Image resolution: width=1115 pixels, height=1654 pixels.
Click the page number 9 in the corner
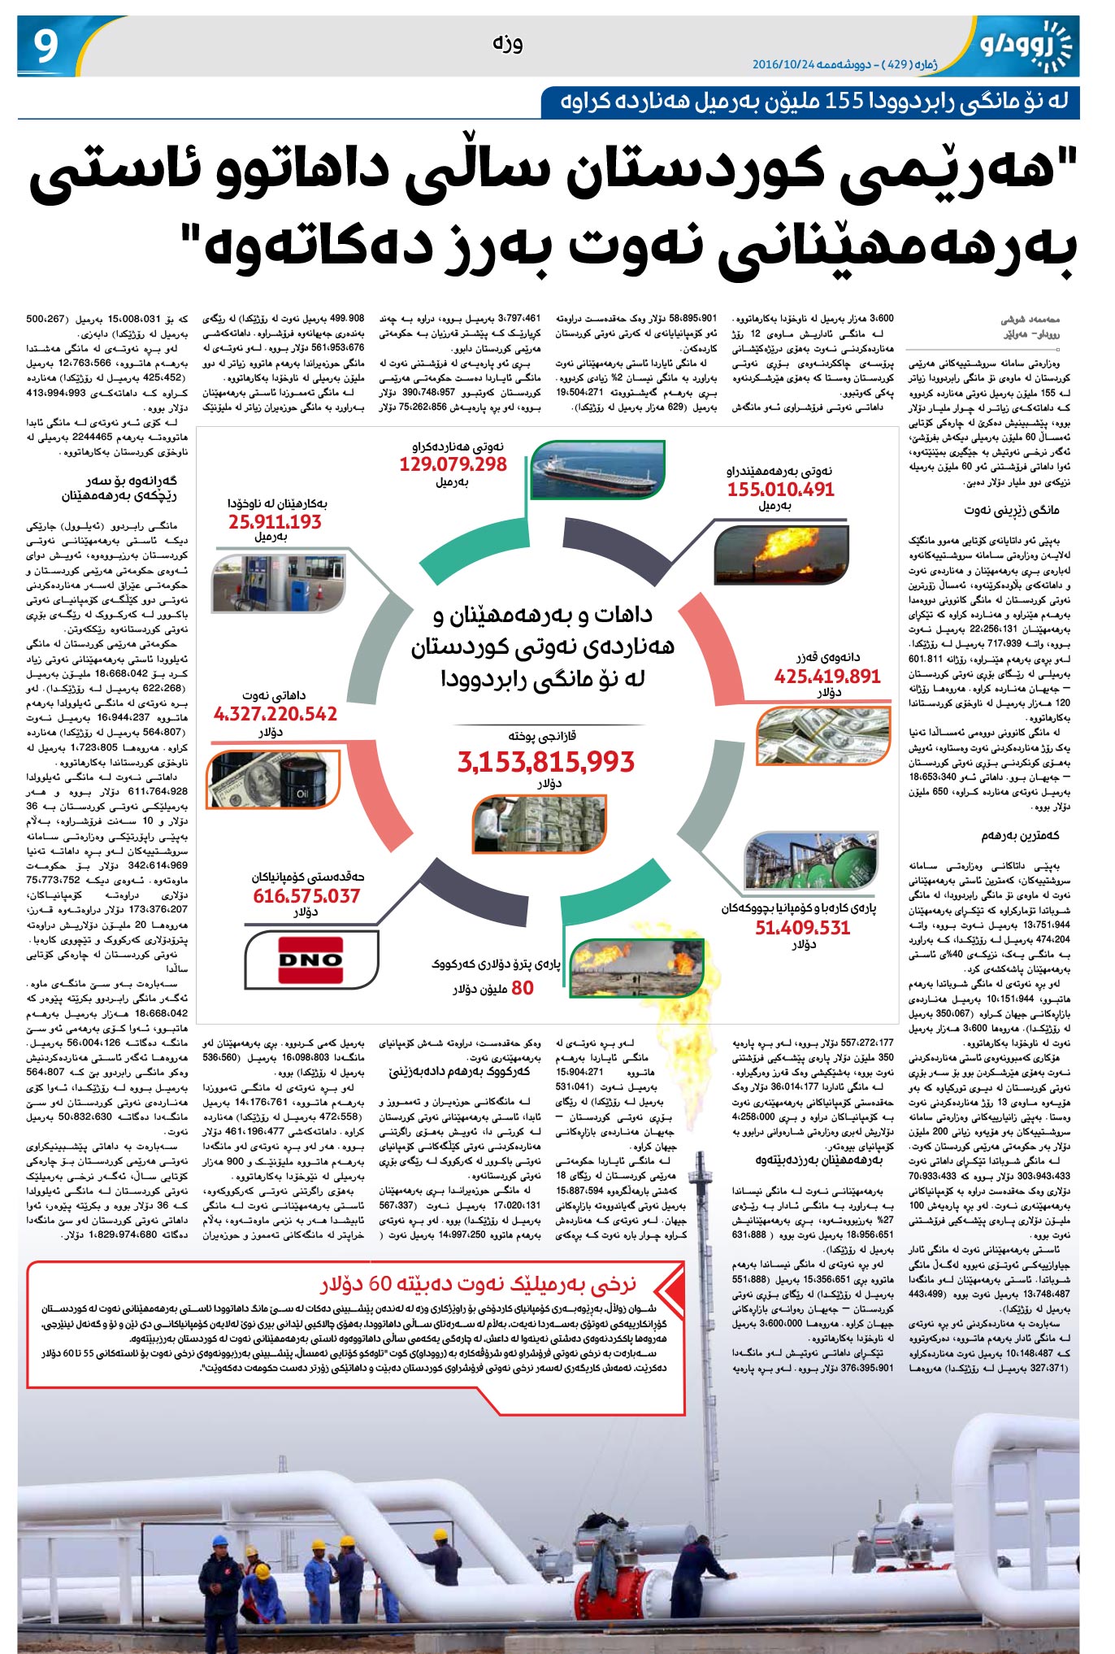47,46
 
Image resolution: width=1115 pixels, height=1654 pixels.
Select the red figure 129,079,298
453,464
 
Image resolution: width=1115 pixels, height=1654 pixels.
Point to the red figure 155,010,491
780,489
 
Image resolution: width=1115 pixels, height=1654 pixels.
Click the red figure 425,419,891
827,676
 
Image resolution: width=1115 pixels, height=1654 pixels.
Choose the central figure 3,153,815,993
545,762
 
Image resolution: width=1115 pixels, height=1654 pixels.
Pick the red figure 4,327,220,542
275,714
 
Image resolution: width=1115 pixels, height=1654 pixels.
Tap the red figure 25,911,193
275,522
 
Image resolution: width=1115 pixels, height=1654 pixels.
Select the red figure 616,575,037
306,896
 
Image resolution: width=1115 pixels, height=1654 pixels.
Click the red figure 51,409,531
802,928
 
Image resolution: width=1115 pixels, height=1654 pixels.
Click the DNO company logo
310,960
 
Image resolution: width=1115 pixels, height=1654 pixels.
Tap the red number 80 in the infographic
523,988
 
